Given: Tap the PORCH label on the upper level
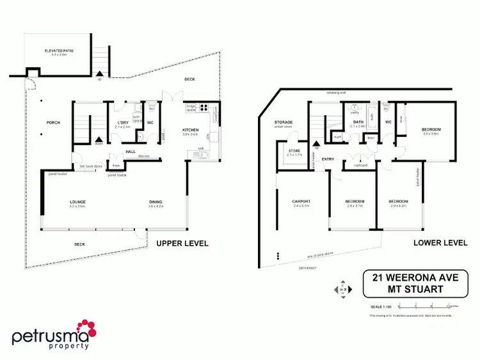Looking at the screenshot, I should pyautogui.click(x=52, y=123).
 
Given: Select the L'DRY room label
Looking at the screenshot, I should pyautogui.click(x=123, y=122).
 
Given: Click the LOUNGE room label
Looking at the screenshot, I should pyautogui.click(x=78, y=202).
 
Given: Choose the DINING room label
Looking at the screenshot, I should pyautogui.click(x=156, y=202).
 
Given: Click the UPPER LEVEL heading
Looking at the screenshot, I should pyautogui.click(x=182, y=243).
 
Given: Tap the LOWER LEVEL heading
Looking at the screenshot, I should pyautogui.click(x=440, y=243).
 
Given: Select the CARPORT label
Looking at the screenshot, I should pyautogui.click(x=301, y=201).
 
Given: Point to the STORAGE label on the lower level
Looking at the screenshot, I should pyautogui.click(x=284, y=121).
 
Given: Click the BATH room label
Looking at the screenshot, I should pyautogui.click(x=358, y=122).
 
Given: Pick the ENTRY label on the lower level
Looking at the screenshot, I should pyautogui.click(x=328, y=159).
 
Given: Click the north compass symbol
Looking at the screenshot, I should pyautogui.click(x=342, y=289).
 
